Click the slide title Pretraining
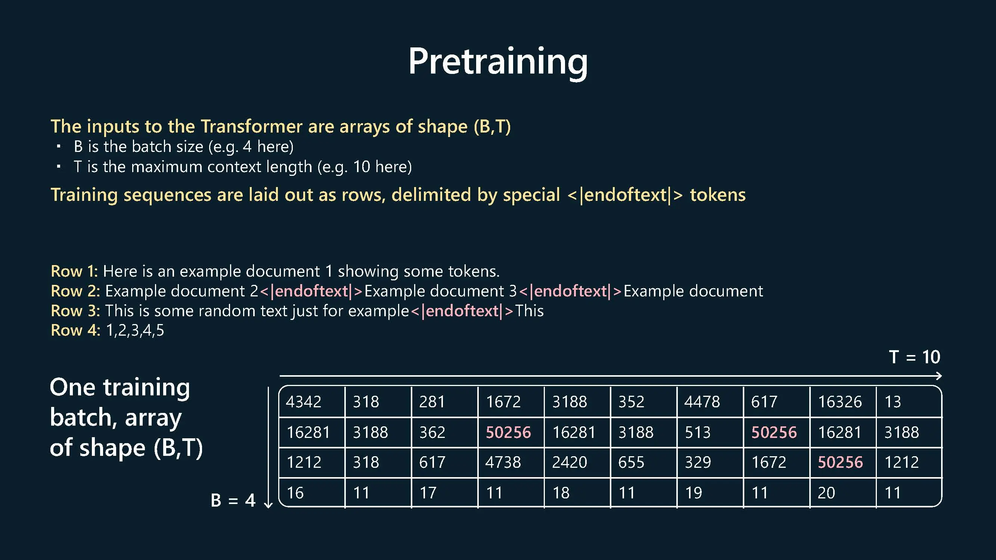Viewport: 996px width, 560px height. point(498,62)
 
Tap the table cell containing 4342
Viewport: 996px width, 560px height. point(311,402)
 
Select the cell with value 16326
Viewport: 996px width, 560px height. point(843,402)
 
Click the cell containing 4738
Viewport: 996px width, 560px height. point(511,463)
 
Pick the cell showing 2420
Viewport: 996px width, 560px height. point(577,463)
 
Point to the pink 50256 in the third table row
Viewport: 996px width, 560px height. point(840,462)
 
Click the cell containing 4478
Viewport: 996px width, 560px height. point(710,402)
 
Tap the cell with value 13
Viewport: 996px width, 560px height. point(909,402)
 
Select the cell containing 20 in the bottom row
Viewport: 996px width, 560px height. point(843,492)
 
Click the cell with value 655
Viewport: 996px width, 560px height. point(643,463)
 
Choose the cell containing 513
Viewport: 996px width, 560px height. point(710,432)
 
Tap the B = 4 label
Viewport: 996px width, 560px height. point(233,501)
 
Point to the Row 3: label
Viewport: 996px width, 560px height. point(75,311)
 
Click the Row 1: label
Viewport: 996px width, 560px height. point(74,271)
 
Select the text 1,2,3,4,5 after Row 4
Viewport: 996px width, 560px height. point(135,331)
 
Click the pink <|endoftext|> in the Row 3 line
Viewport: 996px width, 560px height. point(462,311)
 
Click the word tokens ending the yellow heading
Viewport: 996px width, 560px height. point(718,195)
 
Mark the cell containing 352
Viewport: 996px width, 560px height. point(643,402)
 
